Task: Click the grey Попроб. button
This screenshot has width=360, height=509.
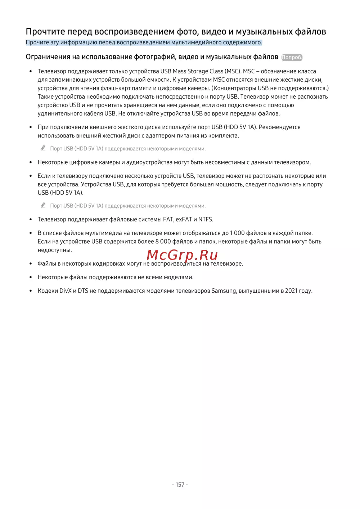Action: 292,57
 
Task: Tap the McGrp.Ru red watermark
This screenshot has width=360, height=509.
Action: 182,255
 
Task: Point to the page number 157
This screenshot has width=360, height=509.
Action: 180,485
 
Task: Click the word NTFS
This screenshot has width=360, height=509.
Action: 206,219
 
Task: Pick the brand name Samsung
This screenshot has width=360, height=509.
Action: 224,290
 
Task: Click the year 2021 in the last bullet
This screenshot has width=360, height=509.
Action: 291,290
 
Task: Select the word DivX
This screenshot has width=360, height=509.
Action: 65,290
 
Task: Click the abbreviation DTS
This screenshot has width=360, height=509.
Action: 83,290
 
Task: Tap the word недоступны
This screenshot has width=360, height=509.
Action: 55,250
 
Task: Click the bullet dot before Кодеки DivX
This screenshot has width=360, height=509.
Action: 31,291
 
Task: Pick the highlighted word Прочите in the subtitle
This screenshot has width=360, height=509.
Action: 37,42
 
